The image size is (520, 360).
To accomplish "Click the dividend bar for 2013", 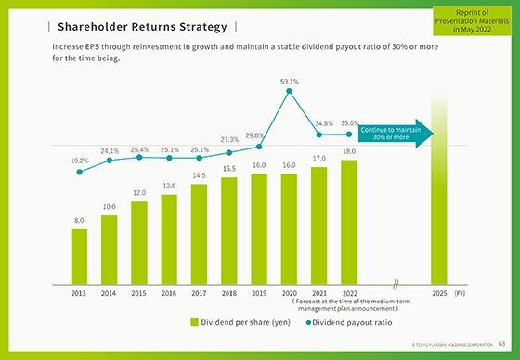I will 79,256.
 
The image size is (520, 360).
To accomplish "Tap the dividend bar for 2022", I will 348,222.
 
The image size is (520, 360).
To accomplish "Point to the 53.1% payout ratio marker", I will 290,91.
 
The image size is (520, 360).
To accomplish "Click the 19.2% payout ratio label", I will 79,160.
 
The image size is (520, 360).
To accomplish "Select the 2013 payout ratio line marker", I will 79,172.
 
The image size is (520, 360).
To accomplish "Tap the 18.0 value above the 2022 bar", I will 348,151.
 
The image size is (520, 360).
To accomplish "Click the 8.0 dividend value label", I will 79,221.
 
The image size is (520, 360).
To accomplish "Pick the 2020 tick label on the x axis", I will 289,292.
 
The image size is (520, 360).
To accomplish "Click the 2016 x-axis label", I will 169,292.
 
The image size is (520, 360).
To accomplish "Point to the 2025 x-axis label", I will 440,292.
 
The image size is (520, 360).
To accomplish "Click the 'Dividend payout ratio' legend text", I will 354,322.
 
